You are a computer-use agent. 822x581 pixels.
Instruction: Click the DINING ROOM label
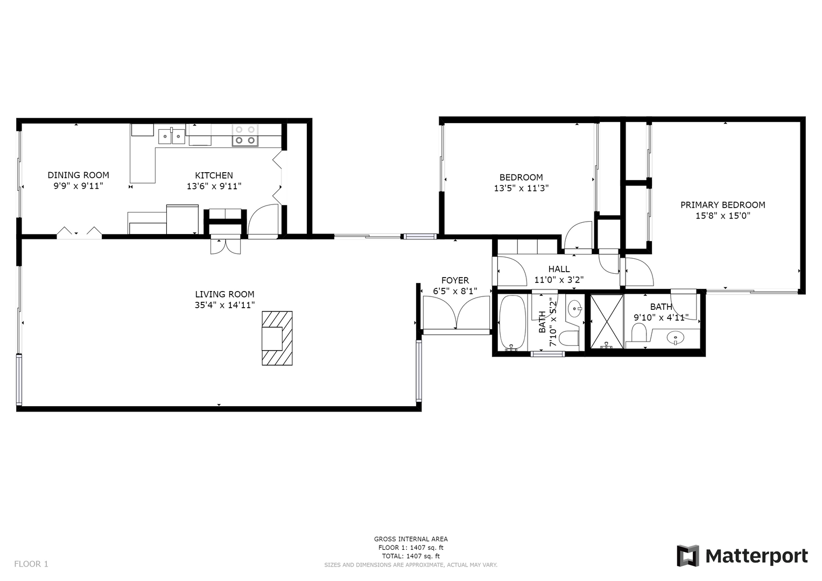(x=78, y=175)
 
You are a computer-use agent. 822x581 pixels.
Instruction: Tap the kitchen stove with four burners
(x=245, y=135)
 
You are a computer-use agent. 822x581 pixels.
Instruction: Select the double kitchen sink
(x=172, y=136)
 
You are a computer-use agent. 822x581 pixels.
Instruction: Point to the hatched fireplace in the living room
(x=277, y=338)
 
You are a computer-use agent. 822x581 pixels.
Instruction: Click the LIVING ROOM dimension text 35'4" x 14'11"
(x=224, y=305)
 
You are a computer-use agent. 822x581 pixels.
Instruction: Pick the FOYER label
(x=455, y=280)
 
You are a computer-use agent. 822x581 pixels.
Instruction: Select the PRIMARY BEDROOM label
(x=723, y=204)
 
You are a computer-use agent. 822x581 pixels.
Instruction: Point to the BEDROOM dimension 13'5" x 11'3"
(x=521, y=188)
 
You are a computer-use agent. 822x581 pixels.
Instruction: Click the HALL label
(x=559, y=269)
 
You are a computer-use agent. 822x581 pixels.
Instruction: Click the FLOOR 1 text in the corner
(x=31, y=564)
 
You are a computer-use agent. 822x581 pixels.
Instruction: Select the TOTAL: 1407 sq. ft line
(x=411, y=556)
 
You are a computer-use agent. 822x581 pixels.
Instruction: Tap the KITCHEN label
(x=214, y=175)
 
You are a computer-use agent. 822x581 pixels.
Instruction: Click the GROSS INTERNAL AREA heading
(x=411, y=539)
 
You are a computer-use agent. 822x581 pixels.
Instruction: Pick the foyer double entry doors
(x=456, y=313)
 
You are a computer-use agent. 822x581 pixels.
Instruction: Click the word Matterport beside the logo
(x=757, y=557)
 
